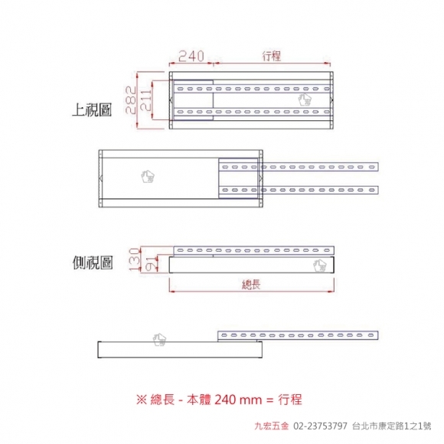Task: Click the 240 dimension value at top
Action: tap(191, 56)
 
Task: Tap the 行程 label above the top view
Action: tap(272, 56)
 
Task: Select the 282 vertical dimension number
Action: tap(131, 100)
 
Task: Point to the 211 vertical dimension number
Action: tap(146, 100)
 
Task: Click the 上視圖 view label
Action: tap(93, 109)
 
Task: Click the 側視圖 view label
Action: tap(93, 263)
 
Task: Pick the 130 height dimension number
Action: tap(135, 260)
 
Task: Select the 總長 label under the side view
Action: tap(251, 284)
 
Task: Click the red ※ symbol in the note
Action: tap(142, 400)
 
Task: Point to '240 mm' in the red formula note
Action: tap(238, 400)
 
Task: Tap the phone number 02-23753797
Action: tap(320, 426)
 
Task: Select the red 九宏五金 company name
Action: tap(272, 426)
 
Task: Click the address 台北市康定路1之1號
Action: tap(392, 426)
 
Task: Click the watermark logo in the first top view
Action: tap(305, 100)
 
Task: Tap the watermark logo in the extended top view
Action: tap(148, 176)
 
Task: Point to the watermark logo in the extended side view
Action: tap(159, 339)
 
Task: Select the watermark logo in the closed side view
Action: tap(320, 266)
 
